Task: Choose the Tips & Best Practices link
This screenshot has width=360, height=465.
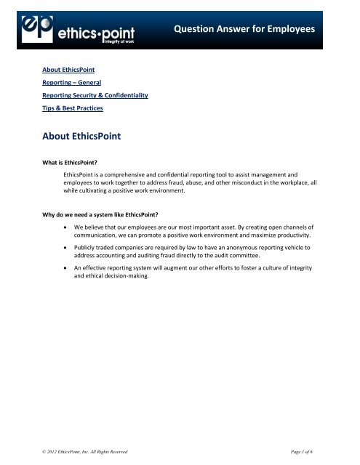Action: tap(72, 108)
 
